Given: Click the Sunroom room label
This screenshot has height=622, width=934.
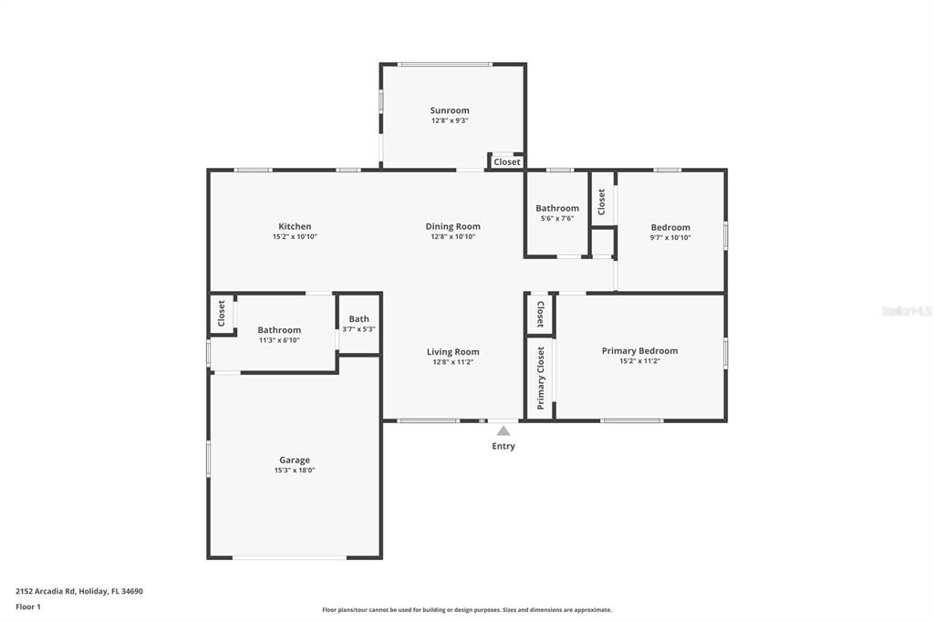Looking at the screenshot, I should (x=450, y=110).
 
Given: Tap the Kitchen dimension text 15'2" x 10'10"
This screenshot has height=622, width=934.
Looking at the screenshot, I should (x=295, y=236).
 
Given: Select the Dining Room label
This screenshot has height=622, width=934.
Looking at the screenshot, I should (x=452, y=226).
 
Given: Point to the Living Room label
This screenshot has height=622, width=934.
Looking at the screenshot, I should (x=452, y=352).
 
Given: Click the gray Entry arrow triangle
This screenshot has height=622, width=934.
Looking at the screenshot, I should (x=503, y=430).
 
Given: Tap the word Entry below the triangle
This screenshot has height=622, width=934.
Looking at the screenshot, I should (x=503, y=446).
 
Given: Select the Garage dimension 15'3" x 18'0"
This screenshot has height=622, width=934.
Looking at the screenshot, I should (x=295, y=471).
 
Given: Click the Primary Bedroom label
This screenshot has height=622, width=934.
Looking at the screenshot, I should (x=639, y=351).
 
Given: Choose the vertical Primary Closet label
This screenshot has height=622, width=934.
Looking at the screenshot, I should (x=540, y=378).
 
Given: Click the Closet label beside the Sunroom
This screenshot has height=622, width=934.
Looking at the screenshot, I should (x=507, y=162).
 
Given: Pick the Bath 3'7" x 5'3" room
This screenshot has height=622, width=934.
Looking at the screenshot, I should (x=358, y=324).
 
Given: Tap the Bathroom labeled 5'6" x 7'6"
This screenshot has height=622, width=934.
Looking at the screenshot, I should (x=556, y=213).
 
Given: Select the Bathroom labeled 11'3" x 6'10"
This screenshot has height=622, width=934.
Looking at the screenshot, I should (x=278, y=335).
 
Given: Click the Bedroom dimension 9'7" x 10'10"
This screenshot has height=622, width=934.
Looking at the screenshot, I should (x=670, y=237).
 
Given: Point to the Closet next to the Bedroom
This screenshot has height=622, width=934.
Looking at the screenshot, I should (x=601, y=202).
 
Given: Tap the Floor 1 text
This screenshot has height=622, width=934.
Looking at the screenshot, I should (x=28, y=606).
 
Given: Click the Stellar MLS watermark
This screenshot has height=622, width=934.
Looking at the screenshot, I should (x=906, y=311).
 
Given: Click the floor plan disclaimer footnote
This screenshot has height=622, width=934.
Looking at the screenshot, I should (x=466, y=610).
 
